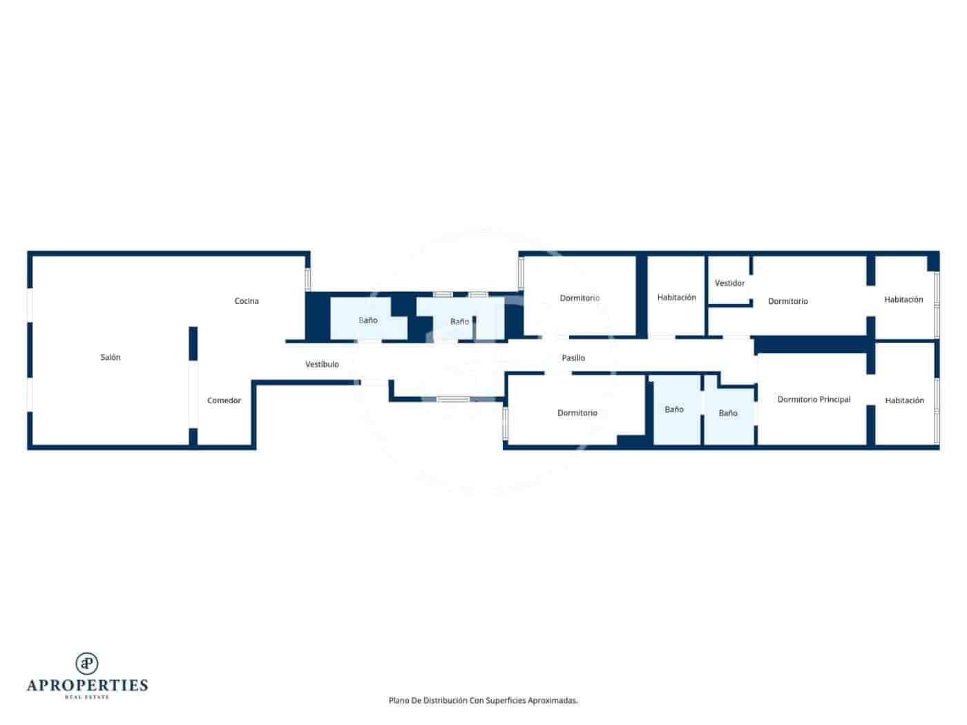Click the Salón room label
111,357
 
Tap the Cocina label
247,301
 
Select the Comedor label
224,400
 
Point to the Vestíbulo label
322,364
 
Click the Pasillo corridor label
573,358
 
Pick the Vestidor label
729,283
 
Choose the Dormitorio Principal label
814,399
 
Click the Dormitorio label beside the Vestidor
787,301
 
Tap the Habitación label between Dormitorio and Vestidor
676,298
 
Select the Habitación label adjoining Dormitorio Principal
904,400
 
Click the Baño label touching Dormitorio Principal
728,413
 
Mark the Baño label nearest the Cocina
368,320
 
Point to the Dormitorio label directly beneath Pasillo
577,413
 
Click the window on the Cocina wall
308,279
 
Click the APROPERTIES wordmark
87,685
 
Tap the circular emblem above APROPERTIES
87,664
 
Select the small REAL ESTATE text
87,697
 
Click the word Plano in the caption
399,700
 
